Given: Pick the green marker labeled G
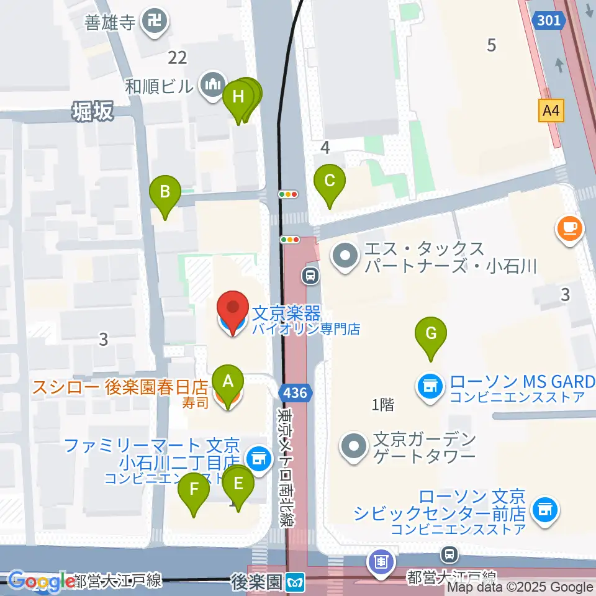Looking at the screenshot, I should point(431,334).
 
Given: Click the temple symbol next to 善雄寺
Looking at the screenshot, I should point(153,23).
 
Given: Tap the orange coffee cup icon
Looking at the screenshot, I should point(569,228).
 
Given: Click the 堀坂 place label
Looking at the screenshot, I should point(93,112).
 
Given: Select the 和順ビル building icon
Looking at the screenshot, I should point(210,84).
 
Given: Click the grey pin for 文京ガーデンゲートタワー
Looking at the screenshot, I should point(354,446).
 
